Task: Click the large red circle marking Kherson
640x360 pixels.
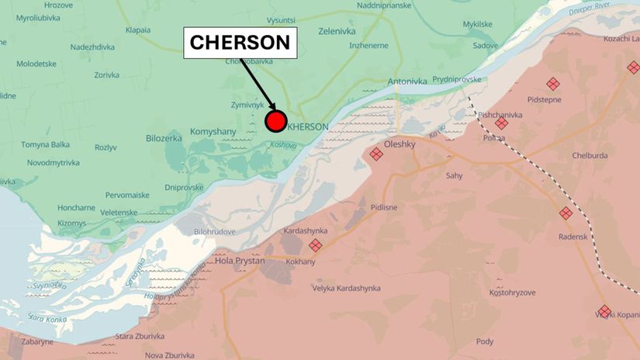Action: click(x=275, y=122)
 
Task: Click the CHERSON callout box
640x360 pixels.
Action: click(x=240, y=43)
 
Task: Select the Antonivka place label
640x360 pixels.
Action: click(x=407, y=81)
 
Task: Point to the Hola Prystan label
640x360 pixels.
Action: click(x=240, y=261)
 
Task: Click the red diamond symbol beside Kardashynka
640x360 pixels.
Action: click(x=315, y=245)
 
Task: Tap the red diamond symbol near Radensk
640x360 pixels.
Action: click(x=566, y=213)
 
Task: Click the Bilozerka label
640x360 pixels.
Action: click(x=164, y=138)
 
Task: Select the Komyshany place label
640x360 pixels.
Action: click(x=213, y=132)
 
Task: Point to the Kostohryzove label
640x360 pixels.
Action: click(x=513, y=292)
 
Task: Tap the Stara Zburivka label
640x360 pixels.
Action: click(x=140, y=336)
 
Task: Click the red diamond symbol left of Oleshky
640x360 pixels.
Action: click(x=376, y=154)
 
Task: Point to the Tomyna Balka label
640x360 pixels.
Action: click(x=45, y=144)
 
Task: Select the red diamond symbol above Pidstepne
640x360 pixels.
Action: click(x=552, y=84)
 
